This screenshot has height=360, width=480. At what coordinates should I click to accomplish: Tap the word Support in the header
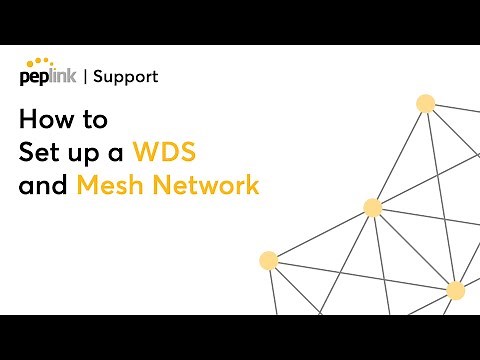124,76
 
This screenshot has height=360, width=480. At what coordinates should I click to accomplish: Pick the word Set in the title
37,153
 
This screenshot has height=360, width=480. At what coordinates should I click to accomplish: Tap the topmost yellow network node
425,102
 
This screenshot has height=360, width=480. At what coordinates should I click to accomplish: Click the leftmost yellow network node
268,260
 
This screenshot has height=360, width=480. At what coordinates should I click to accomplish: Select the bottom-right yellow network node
456,290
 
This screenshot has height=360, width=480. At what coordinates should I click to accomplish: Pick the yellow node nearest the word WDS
373,208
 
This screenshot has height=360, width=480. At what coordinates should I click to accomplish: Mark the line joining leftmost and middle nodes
320,234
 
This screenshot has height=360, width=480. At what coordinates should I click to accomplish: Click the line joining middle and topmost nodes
399,155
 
